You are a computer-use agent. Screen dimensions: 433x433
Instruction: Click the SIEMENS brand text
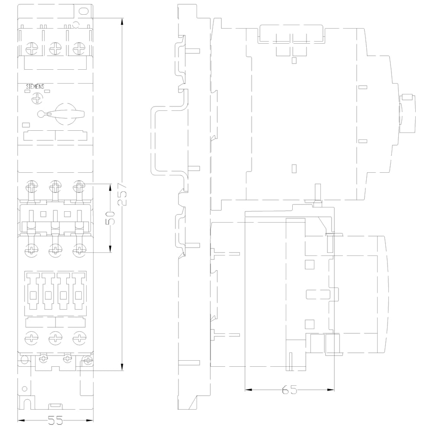tap(35, 87)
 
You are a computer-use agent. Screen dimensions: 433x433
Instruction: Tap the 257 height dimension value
tap(122, 194)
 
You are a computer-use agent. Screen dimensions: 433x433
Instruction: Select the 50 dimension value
tap(110, 218)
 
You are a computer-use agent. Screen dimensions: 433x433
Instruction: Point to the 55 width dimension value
tap(55, 420)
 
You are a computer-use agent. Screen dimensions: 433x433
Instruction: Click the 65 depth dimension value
tap(289, 390)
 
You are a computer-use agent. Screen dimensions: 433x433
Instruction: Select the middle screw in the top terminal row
tap(55, 48)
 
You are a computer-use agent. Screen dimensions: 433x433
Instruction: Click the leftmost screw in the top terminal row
tap(32, 48)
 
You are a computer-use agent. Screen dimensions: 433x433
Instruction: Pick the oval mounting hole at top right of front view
tap(83, 11)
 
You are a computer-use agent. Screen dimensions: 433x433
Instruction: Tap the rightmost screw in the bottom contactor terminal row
tap(80, 338)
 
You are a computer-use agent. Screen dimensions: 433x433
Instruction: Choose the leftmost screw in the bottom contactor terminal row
tap(32, 338)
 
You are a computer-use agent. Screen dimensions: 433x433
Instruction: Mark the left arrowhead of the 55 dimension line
tap(21, 420)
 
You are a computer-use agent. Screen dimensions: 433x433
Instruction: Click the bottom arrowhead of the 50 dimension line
tap(110, 249)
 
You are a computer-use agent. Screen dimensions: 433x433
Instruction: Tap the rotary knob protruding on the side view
tap(407, 113)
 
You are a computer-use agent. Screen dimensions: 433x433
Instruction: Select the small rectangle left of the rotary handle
tap(26, 125)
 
